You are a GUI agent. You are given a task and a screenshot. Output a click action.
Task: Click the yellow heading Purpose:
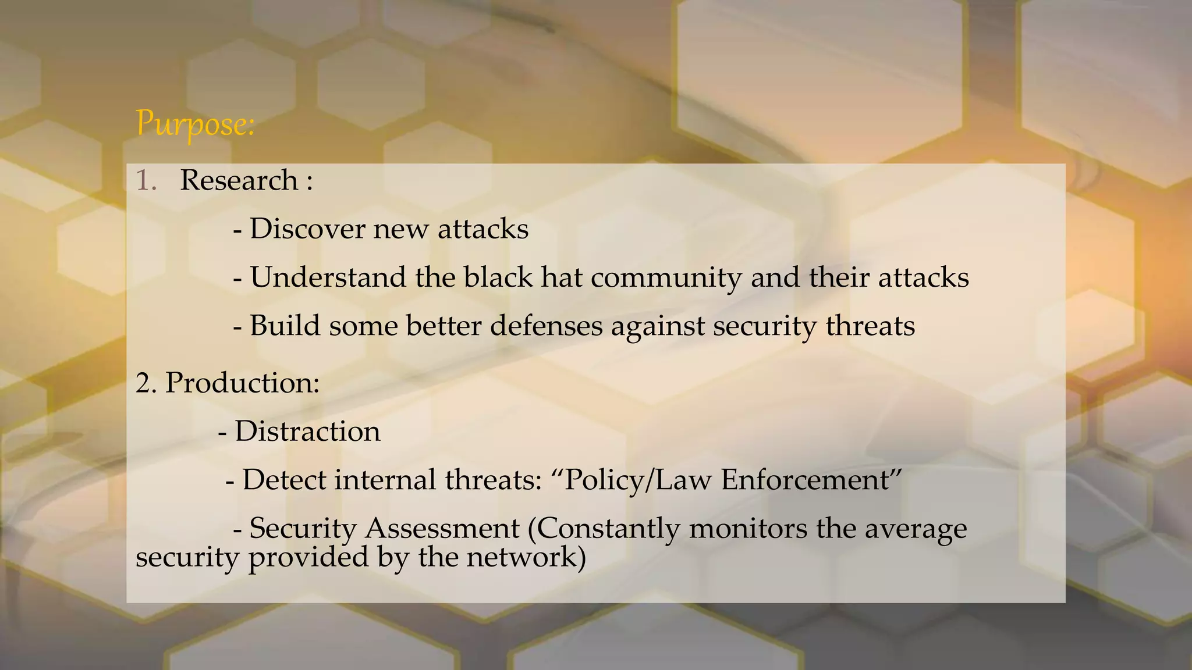click(196, 124)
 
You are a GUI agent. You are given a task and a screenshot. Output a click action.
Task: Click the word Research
click(239, 180)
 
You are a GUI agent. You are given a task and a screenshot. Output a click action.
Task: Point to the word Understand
click(328, 277)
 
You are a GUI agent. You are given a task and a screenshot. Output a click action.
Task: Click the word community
click(666, 278)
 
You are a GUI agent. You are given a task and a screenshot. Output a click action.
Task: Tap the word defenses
click(546, 326)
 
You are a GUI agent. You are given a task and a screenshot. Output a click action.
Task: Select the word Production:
click(242, 383)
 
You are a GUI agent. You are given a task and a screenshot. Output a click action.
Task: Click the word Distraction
click(307, 432)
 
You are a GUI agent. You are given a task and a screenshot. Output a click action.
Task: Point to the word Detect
click(284, 480)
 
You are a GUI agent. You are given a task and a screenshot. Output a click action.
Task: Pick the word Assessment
click(442, 529)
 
